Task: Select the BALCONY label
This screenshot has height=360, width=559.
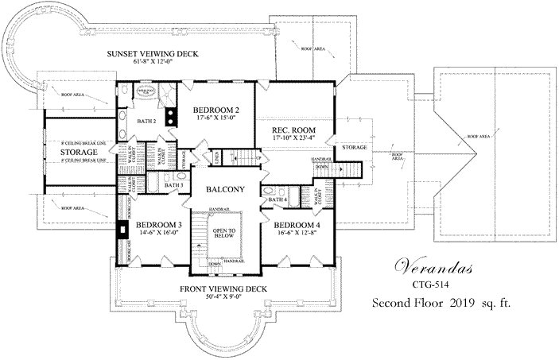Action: click(x=225, y=189)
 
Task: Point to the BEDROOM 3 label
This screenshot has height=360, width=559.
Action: click(x=159, y=225)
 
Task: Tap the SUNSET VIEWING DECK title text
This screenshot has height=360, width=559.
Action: click(x=153, y=54)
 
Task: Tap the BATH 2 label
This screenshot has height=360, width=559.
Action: click(x=146, y=122)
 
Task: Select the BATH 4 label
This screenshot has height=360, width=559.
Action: click(x=278, y=199)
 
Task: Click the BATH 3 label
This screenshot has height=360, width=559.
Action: click(x=174, y=186)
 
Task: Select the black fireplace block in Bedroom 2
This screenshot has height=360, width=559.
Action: click(x=170, y=118)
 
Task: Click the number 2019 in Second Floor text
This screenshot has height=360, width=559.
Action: click(x=462, y=304)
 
